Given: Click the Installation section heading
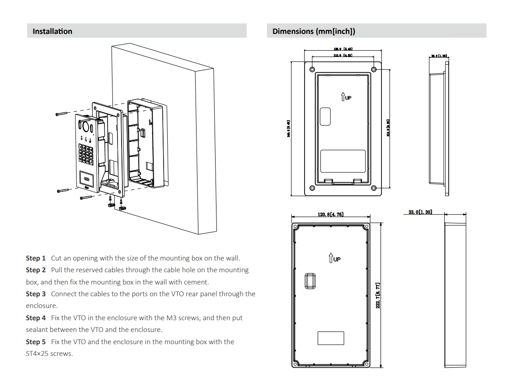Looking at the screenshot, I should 52,31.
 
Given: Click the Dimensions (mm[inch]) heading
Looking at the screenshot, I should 314,31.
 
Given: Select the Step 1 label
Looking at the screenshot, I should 36,258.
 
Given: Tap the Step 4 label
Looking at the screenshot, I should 36,318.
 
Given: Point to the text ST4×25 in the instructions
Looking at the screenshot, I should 38,354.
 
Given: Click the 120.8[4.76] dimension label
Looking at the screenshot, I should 330,214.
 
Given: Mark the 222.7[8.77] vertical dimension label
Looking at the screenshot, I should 378,295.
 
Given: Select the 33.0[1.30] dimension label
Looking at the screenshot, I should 420,212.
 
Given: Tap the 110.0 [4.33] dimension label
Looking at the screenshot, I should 343,55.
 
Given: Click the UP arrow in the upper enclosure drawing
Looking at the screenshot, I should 346,97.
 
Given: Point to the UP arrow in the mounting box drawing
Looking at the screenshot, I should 334,258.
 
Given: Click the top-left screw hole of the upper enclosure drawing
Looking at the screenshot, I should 312,69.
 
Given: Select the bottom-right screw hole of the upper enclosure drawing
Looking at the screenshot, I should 373,188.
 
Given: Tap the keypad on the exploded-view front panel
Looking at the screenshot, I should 86,153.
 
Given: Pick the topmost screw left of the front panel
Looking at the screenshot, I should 61,114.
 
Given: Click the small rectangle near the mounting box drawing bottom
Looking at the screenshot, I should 330,338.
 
